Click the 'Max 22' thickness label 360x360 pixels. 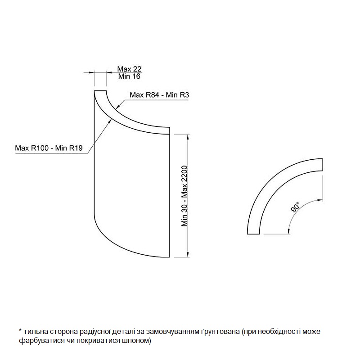(129, 69)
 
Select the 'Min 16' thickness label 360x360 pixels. (129, 76)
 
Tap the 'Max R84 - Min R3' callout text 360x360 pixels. (159, 95)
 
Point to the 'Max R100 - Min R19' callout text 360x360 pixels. (49, 148)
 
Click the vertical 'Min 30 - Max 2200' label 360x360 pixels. (184, 196)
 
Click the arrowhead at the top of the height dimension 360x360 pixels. (188, 137)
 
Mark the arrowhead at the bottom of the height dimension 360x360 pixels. (188, 255)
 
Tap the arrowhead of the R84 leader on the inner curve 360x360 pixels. (117, 107)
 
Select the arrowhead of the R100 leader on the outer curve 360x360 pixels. (109, 121)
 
